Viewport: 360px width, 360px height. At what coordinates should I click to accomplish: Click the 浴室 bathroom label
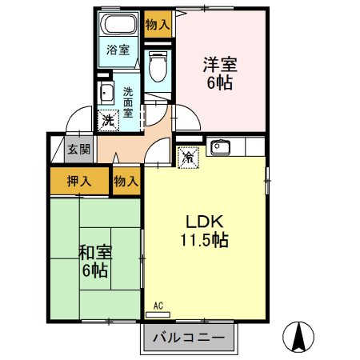tap(118, 49)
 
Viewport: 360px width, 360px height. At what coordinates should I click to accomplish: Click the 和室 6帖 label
tap(95, 260)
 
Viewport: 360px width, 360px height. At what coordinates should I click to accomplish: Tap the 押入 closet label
tap(78, 181)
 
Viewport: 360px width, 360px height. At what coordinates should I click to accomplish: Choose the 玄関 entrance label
tap(78, 148)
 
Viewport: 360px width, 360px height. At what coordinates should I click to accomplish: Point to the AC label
tap(158, 306)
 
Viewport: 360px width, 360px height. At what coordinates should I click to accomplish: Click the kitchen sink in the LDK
tap(220, 147)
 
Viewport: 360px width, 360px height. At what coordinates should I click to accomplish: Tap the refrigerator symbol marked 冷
tap(187, 158)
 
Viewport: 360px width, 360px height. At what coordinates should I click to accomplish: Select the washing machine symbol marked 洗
tap(107, 121)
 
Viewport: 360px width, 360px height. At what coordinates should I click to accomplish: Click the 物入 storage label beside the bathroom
tap(158, 24)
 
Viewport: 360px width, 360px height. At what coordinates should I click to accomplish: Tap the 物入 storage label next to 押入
tap(126, 182)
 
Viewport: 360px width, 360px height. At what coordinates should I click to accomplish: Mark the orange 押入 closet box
tap(78, 181)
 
